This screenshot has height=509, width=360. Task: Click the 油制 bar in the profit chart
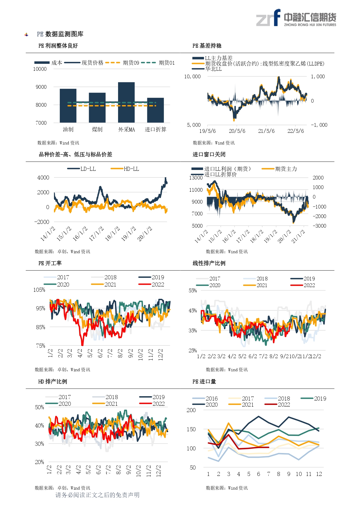(68, 106)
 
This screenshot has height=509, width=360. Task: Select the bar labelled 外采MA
(126, 102)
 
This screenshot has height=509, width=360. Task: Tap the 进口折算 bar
(155, 110)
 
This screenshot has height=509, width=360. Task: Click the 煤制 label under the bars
(97, 130)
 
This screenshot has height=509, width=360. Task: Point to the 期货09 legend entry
(122, 63)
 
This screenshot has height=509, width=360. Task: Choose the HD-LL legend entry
(125, 169)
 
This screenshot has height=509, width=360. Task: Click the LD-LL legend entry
(82, 169)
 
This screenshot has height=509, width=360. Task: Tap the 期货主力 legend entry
(279, 169)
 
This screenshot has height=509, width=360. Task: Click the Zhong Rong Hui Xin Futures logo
(296, 18)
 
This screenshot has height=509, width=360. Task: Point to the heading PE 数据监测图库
(60, 34)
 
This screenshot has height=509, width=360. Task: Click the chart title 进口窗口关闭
(209, 154)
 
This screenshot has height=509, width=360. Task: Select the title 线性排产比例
(209, 263)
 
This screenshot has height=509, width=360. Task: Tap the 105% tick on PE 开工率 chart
(39, 290)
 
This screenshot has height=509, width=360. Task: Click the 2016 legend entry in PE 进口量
(205, 398)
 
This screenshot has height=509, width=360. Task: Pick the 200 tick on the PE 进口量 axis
(191, 410)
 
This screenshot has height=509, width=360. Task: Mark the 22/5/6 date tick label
(296, 131)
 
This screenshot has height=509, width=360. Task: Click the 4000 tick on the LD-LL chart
(43, 177)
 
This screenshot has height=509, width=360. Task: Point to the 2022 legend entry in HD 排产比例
(152, 404)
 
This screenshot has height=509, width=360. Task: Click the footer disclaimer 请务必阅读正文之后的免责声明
(97, 495)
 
